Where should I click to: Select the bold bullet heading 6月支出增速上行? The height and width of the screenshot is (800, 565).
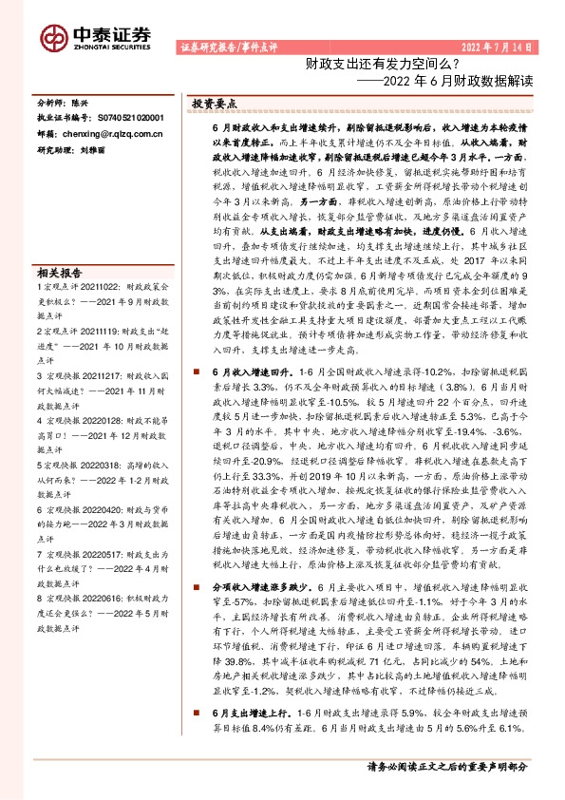254,738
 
